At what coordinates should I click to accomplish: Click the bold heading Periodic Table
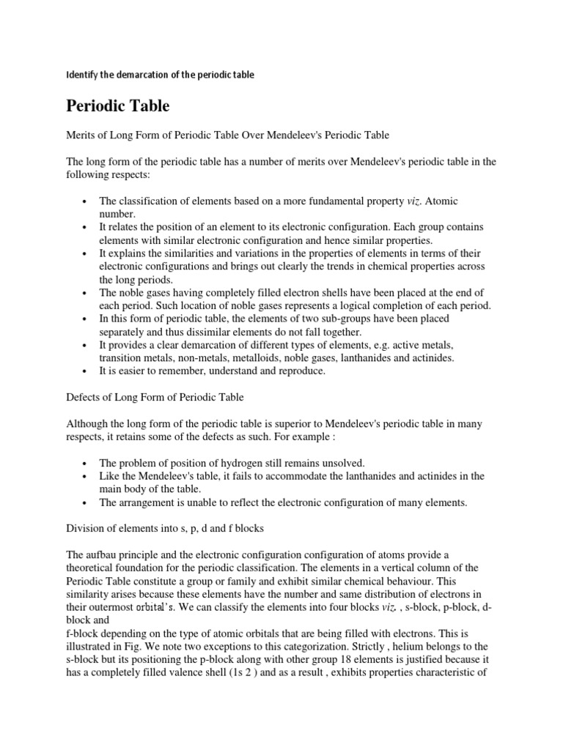pos(118,106)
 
